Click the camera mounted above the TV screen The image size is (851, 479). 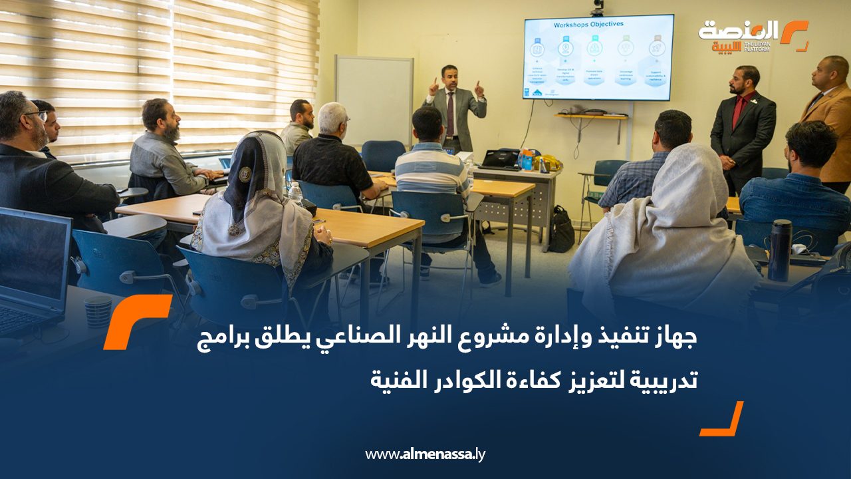pos(597,7)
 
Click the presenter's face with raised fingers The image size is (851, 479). pos(450,78)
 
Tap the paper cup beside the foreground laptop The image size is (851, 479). pos(98,312)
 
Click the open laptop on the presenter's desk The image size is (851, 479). pos(501,158)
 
